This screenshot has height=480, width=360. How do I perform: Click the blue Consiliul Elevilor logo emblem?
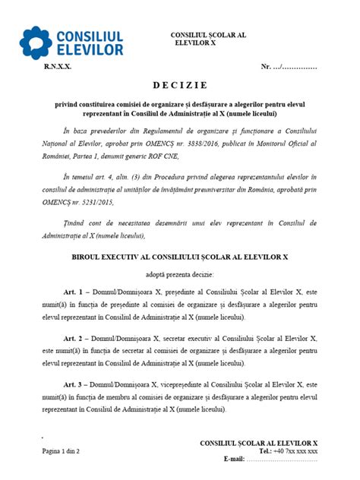pyautogui.click(x=37, y=43)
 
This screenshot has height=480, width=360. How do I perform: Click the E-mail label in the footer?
pyautogui.click(x=233, y=459)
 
